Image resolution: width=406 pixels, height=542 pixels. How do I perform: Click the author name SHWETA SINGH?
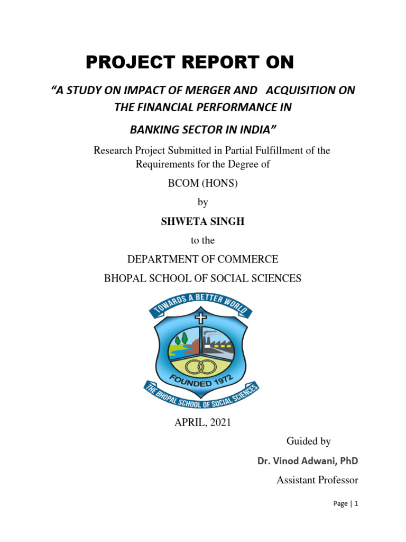(x=202, y=222)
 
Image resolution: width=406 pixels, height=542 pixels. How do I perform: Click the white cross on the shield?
(x=200, y=318)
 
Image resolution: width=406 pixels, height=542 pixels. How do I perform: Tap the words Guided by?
(x=308, y=441)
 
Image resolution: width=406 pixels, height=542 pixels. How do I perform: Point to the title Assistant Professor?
(x=317, y=480)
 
